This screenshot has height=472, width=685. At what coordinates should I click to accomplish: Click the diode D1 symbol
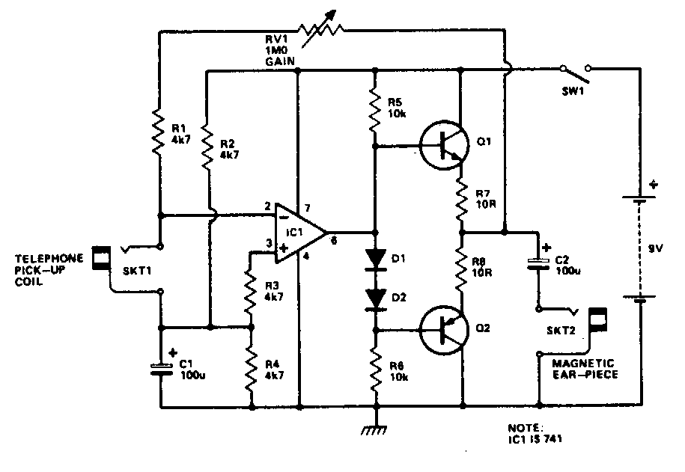click(376, 259)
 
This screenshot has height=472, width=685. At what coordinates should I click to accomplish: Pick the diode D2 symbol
click(376, 298)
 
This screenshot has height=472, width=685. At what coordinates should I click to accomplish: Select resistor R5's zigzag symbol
click(376, 106)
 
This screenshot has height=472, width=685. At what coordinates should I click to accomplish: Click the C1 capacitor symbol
click(159, 367)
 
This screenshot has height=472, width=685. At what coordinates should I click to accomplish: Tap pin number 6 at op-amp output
click(332, 241)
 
